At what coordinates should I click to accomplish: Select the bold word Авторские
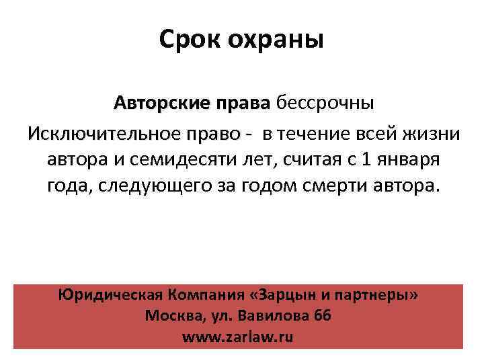[x=161, y=104]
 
